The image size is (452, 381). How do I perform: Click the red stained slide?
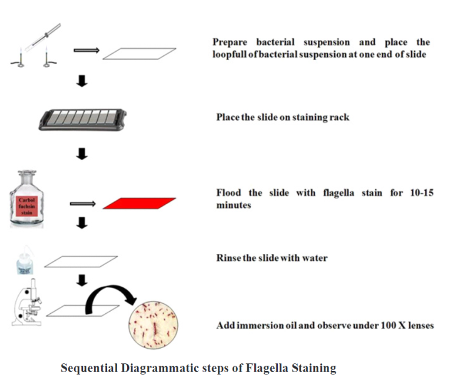pyautogui.click(x=139, y=203)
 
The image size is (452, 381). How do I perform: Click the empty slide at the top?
pyautogui.click(x=139, y=54)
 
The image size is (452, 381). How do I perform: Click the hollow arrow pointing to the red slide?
pyautogui.click(x=82, y=204)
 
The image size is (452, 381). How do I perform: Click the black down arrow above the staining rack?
pyautogui.click(x=82, y=82)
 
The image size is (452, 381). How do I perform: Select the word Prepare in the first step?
pyautogui.click(x=231, y=42)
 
